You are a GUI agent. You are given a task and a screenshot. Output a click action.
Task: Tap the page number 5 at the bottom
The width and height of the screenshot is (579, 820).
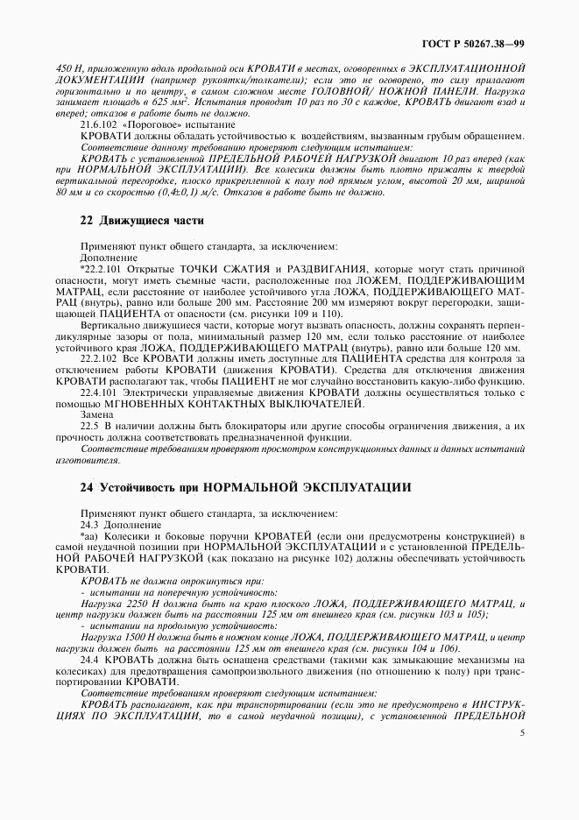coord(522,734)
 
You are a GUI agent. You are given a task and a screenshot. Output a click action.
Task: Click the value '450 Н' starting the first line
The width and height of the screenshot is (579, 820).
coord(68,68)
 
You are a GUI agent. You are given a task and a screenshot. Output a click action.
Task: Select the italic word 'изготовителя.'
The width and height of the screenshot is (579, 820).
coord(87,460)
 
